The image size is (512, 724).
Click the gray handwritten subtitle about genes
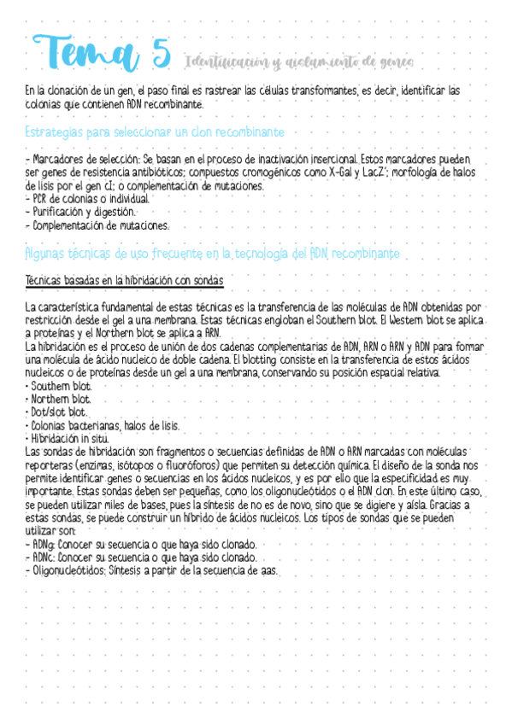coord(299,61)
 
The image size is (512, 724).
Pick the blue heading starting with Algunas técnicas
coord(212,254)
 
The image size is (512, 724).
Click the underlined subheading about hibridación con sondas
coord(124,280)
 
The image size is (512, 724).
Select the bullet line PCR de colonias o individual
coord(88,198)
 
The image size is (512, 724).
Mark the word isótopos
coord(136,465)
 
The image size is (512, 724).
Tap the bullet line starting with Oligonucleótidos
coord(153,570)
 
